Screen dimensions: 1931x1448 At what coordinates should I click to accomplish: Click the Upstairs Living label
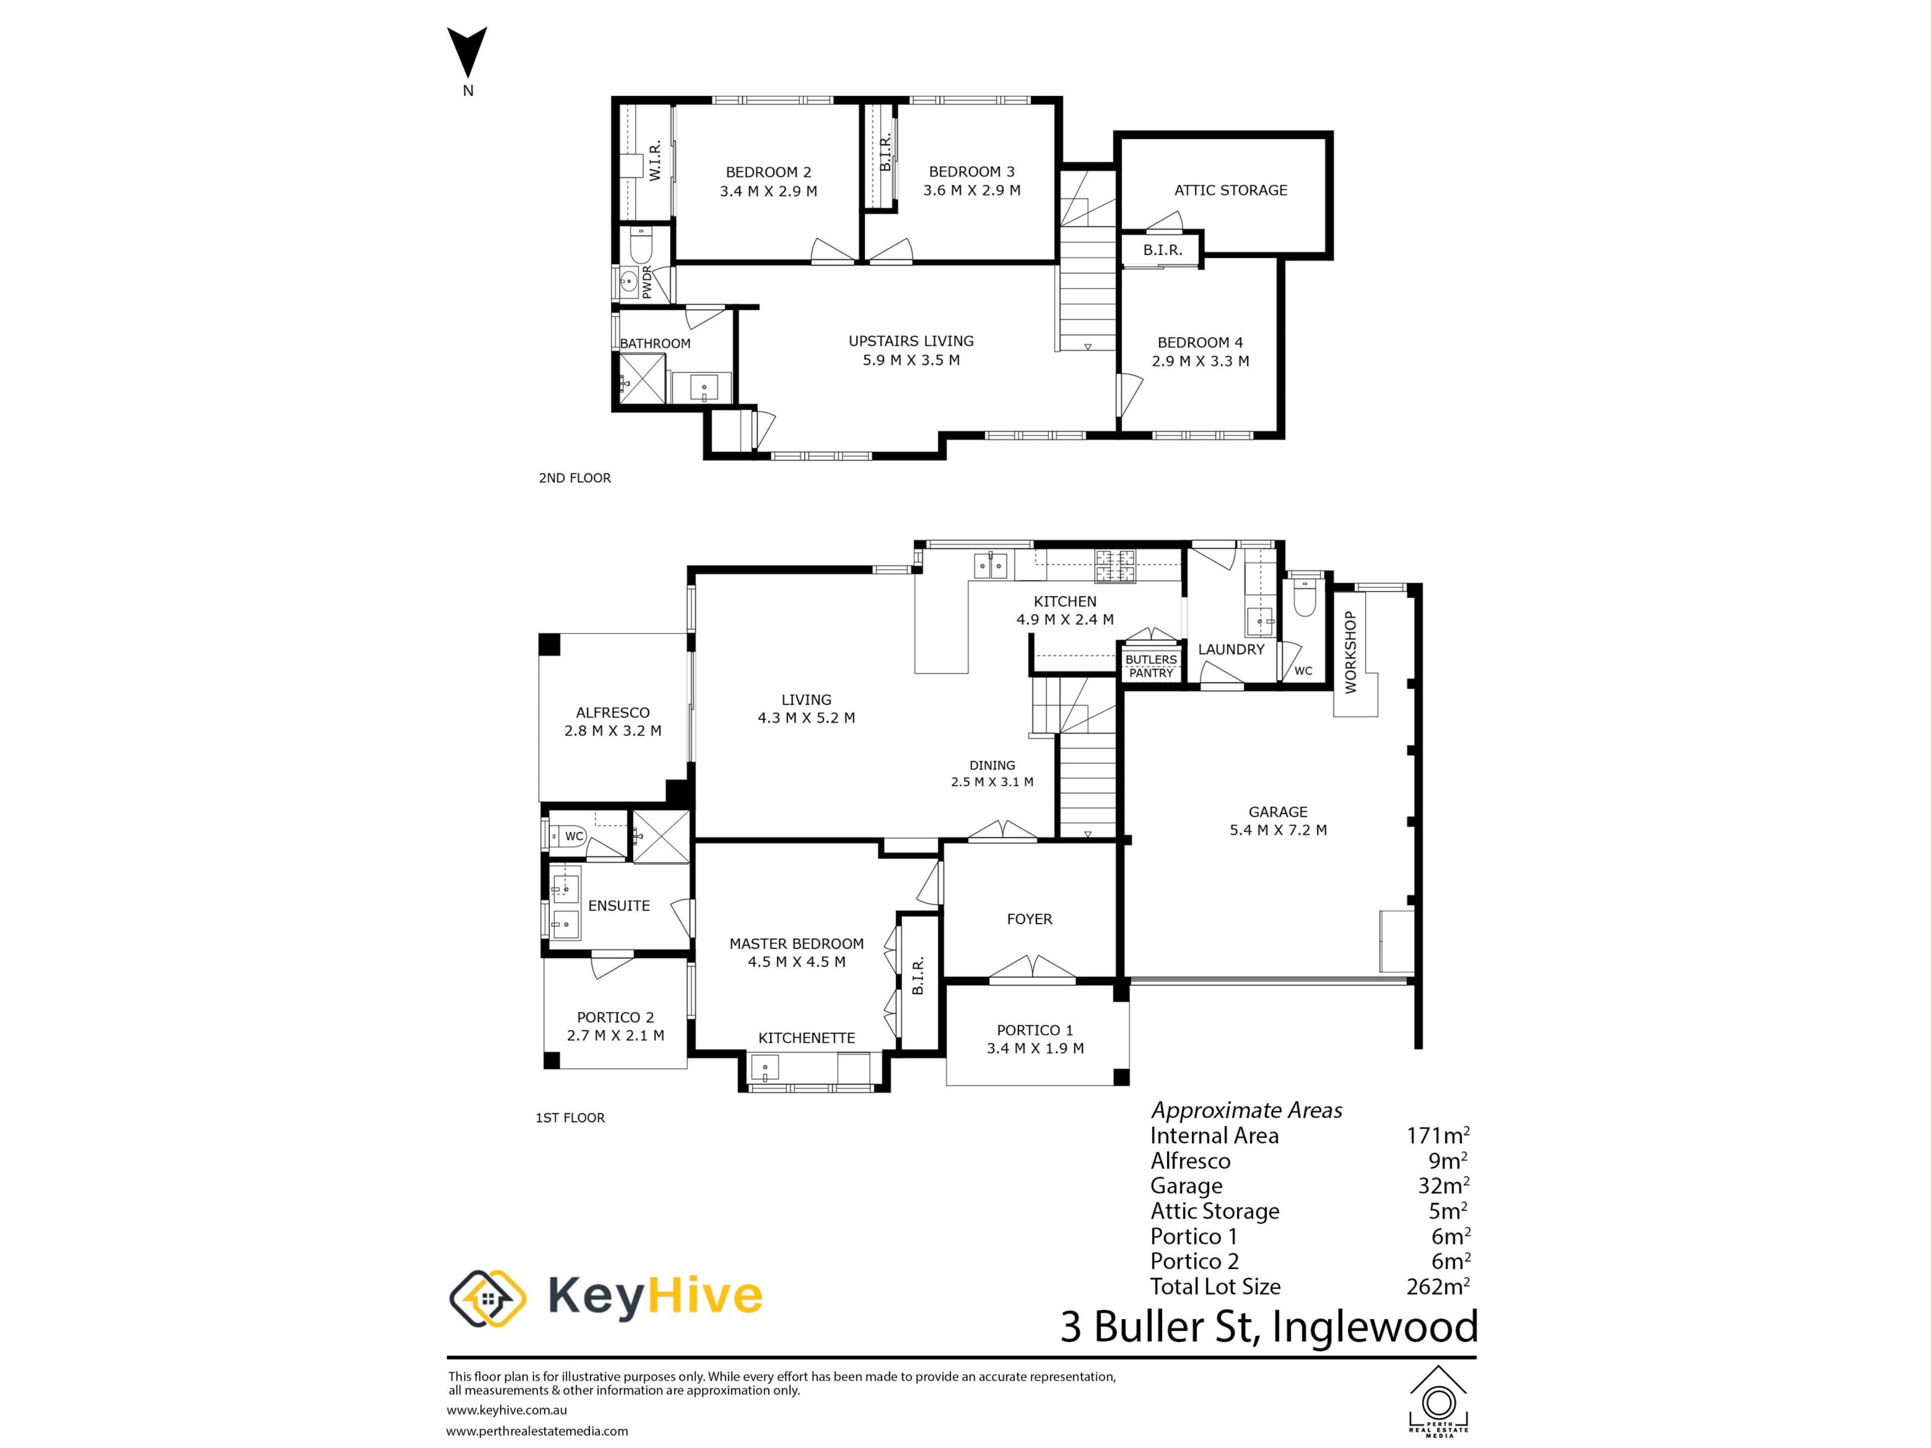coord(911,341)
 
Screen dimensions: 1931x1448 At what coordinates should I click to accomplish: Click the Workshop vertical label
coord(1351,652)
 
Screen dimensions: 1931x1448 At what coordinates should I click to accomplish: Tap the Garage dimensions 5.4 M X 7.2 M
coord(1278,830)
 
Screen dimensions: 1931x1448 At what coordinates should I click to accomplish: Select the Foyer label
coord(1029,919)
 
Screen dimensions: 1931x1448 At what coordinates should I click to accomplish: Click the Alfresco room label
coord(613,712)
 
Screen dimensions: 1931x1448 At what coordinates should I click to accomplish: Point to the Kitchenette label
coord(807,1038)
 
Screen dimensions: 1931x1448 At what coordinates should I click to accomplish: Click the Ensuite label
coord(619,906)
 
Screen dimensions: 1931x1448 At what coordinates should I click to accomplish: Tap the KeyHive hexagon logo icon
coord(487,1298)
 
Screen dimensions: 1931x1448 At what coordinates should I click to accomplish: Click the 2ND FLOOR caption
coord(574,478)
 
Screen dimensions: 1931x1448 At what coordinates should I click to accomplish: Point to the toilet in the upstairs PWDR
coord(641,247)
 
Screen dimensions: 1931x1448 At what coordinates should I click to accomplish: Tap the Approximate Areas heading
coord(1247,1110)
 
